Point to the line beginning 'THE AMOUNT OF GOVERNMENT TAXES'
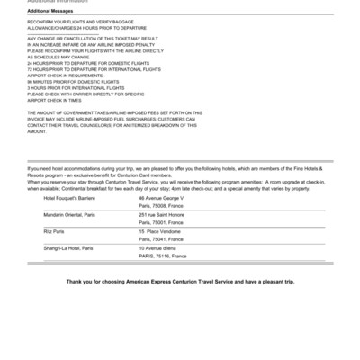pos(114,112)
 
